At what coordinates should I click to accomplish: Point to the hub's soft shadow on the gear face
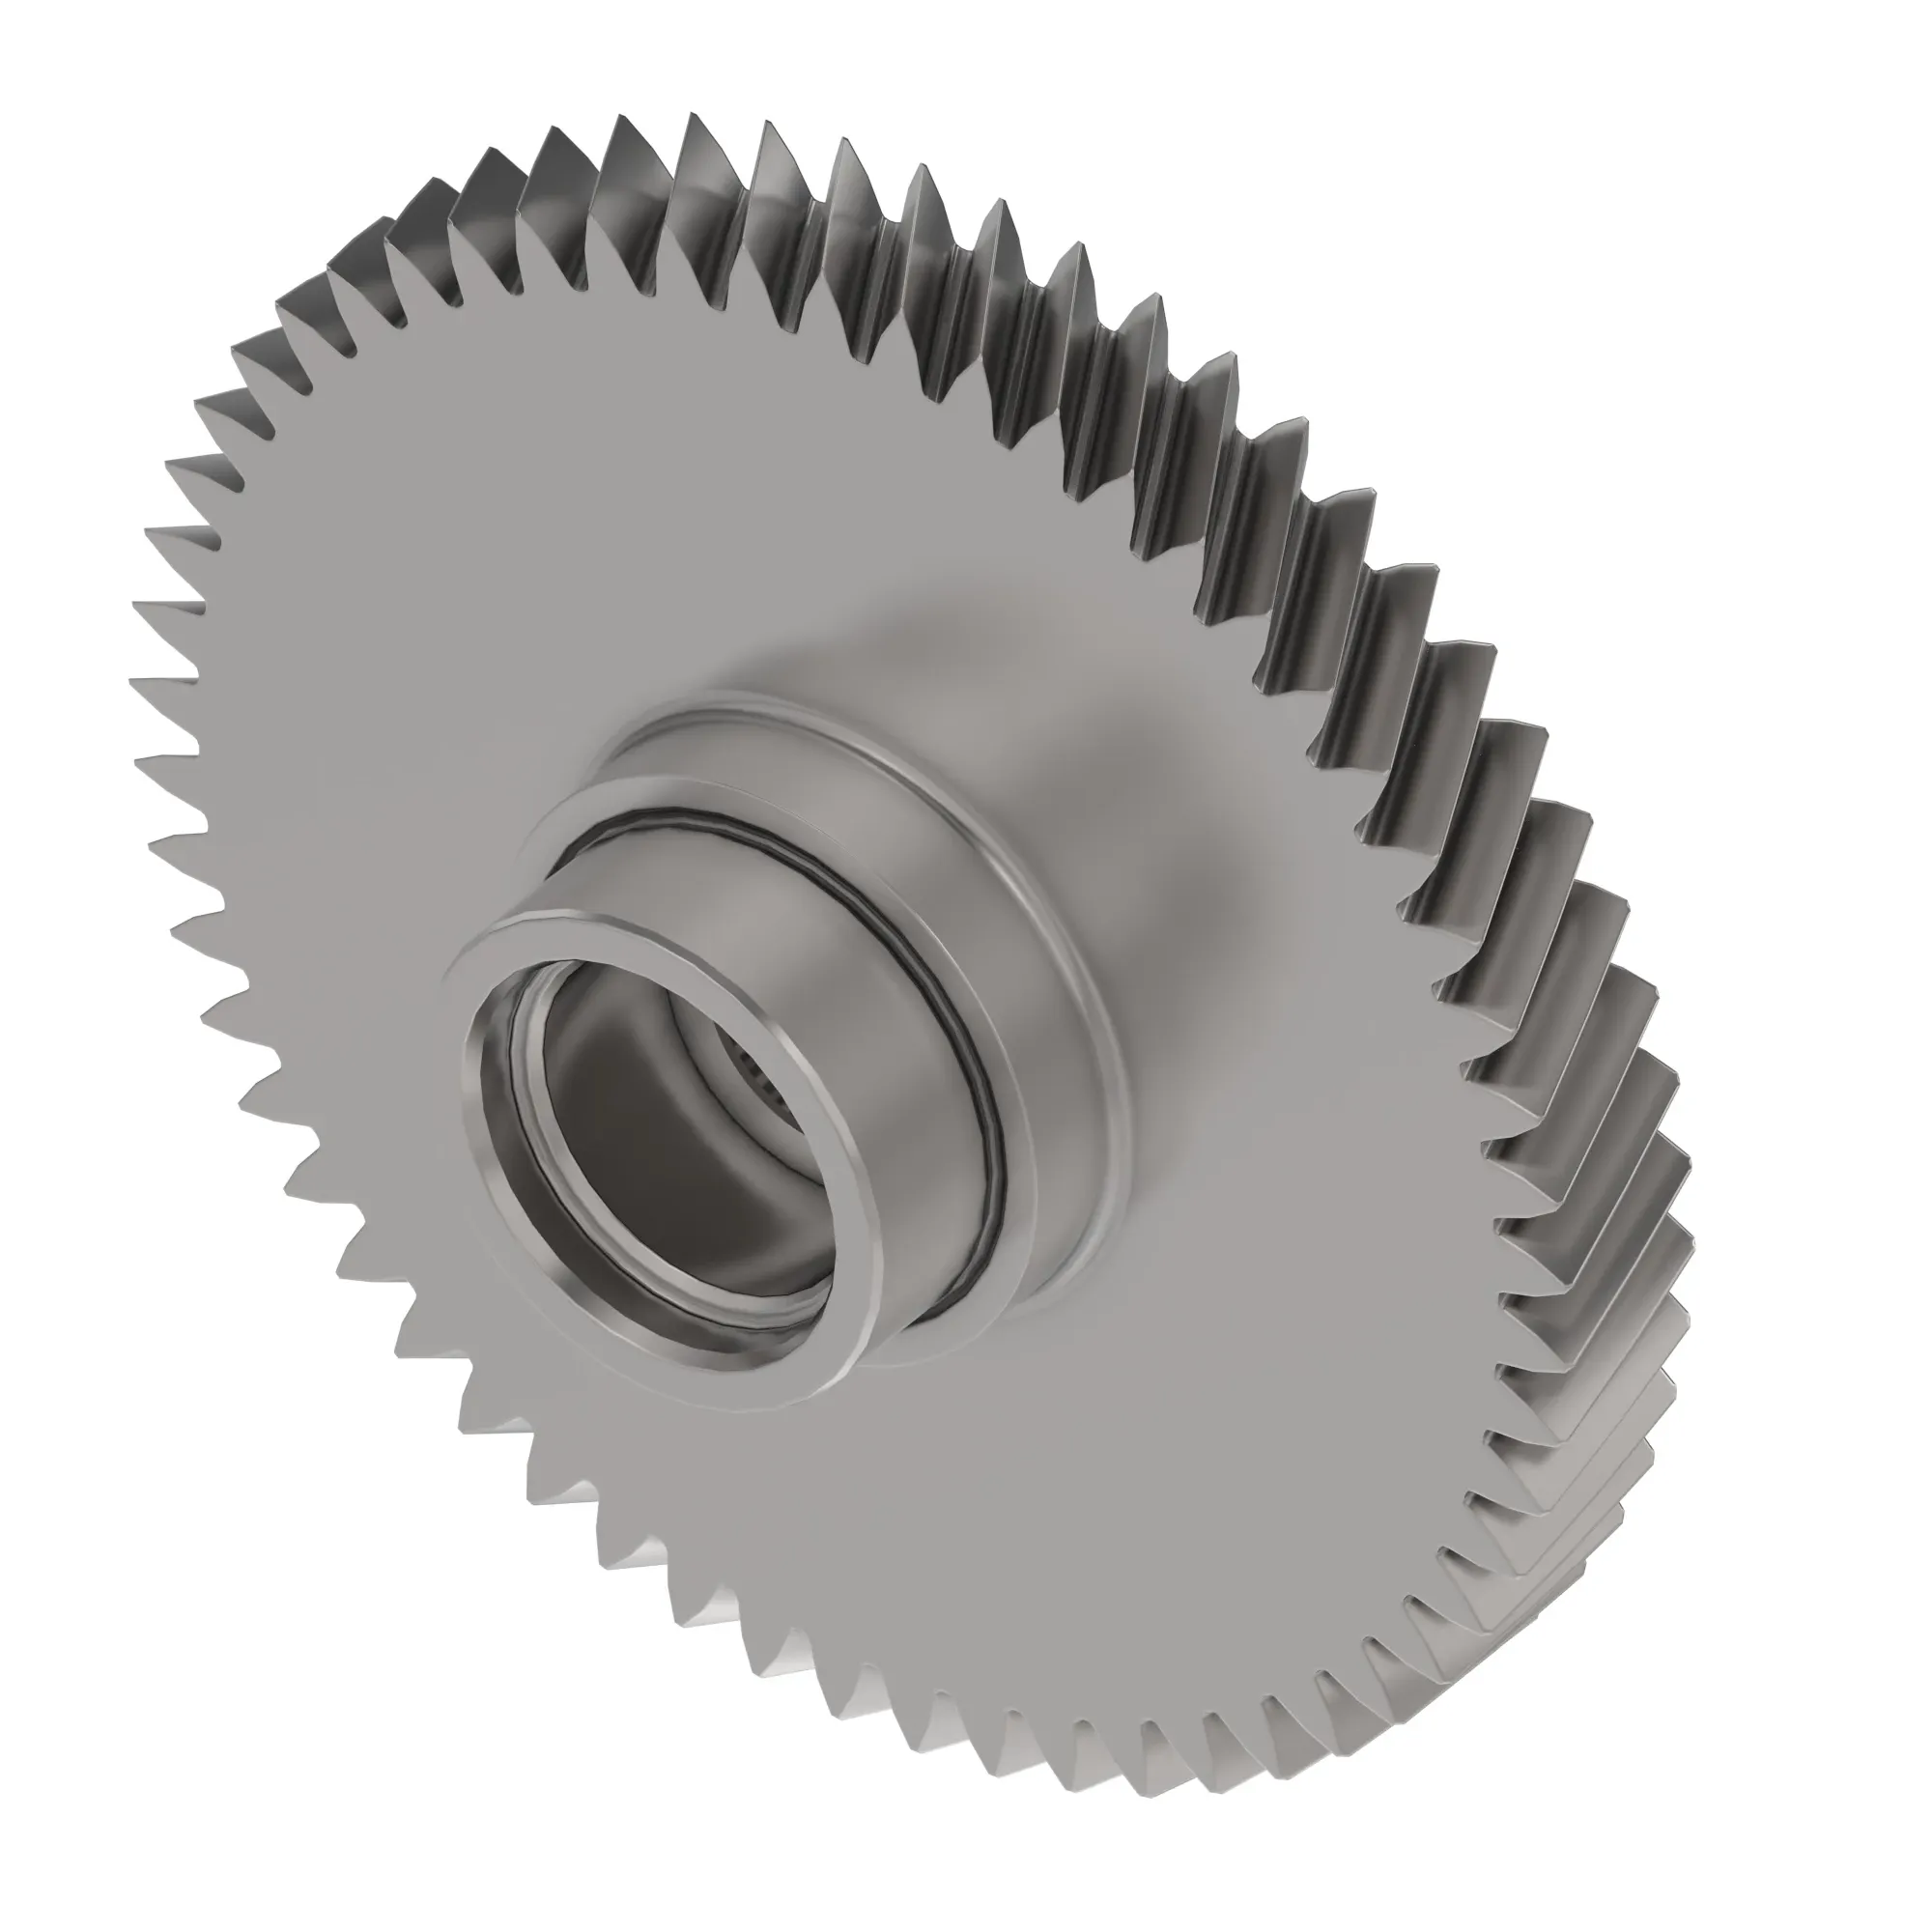[x=1150, y=800]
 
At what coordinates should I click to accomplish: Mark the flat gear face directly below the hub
[x=850, y=1550]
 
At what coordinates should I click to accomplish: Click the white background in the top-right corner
[x=1800, y=120]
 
